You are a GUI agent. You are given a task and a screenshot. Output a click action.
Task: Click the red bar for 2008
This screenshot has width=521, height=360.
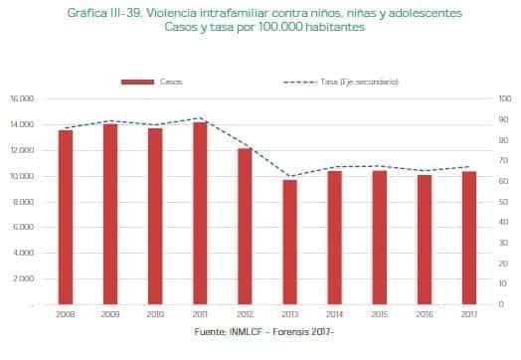66,216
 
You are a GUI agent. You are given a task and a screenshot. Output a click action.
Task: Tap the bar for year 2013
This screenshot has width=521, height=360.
290,241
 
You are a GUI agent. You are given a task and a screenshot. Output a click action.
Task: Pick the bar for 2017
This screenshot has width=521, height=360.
469,237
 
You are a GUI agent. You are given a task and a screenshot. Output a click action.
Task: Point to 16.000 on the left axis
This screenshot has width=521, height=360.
21,98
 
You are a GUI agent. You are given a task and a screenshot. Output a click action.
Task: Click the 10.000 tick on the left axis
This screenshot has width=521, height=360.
21,176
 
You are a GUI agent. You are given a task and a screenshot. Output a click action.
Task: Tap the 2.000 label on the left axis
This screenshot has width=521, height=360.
23,278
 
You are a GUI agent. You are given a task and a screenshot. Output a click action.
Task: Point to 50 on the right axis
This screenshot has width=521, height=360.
503,201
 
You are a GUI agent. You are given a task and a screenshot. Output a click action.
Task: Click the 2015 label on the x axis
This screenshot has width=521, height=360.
380,315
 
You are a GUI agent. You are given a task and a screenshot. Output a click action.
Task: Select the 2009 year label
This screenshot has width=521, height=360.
110,315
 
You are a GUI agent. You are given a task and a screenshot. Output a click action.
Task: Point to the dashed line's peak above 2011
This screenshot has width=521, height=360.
201,118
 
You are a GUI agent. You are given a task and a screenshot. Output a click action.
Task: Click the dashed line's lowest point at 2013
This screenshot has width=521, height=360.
290,176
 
